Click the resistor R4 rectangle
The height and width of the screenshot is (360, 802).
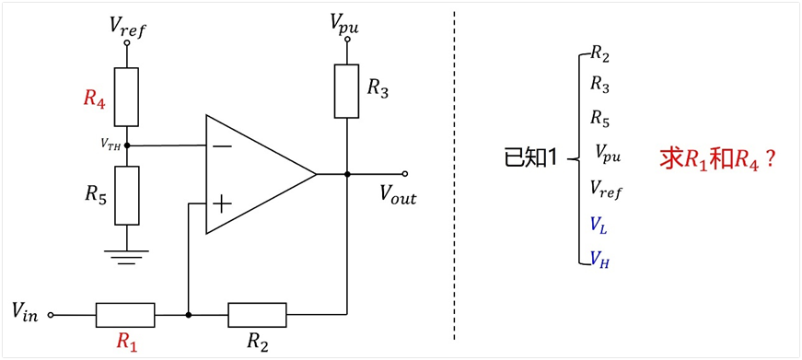pyautogui.click(x=126, y=97)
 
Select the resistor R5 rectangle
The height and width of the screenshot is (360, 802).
pyautogui.click(x=126, y=195)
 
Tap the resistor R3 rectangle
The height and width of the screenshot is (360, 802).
pyautogui.click(x=347, y=91)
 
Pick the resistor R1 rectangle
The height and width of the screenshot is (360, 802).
pyautogui.click(x=125, y=315)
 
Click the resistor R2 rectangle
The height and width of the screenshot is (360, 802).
pyautogui.click(x=257, y=315)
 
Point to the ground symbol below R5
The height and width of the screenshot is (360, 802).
pyautogui.click(x=126, y=257)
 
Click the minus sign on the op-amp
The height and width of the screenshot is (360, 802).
pyautogui.click(x=222, y=146)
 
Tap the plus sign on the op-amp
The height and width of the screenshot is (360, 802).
pyautogui.click(x=222, y=205)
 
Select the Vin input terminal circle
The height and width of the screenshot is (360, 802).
pyautogui.click(x=50, y=315)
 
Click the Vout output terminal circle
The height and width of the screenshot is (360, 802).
pyautogui.click(x=404, y=174)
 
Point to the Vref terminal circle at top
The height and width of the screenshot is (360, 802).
pyautogui.click(x=126, y=43)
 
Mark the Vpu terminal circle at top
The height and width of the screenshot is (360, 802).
pyautogui.click(x=347, y=40)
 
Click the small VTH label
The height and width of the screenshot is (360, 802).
pyautogui.click(x=111, y=145)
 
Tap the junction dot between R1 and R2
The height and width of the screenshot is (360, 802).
pyautogui.click(x=189, y=315)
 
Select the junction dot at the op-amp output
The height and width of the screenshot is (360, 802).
pyautogui.click(x=347, y=174)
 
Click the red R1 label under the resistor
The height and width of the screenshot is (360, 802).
pyautogui.click(x=127, y=342)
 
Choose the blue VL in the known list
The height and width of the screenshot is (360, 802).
pyautogui.click(x=599, y=225)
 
